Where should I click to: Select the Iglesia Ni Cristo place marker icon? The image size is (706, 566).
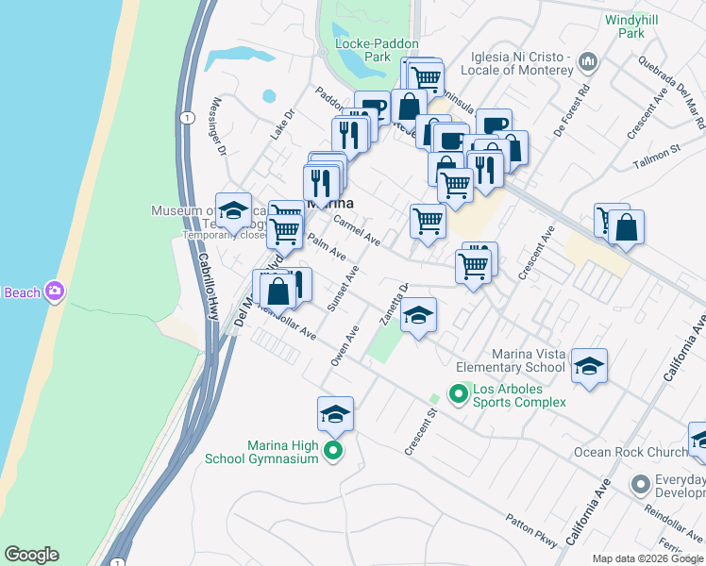[588, 62]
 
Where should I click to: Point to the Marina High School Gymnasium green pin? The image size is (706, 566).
[332, 452]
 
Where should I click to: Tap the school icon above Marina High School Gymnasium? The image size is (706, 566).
[335, 414]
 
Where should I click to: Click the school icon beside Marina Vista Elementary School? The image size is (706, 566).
[589, 366]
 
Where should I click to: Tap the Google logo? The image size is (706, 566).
[31, 555]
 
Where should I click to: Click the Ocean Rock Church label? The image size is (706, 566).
[630, 452]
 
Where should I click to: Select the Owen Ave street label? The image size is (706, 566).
[345, 346]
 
